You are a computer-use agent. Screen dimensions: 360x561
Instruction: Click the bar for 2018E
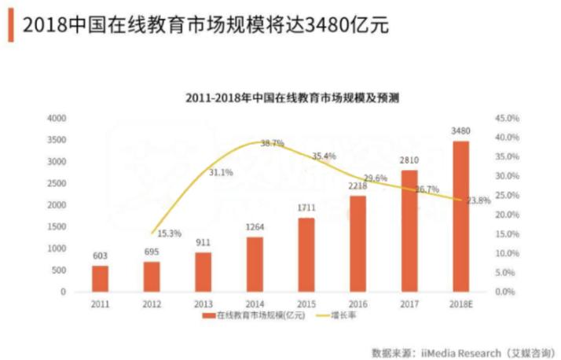[x=460, y=216]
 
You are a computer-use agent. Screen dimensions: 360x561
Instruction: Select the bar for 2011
[x=100, y=278]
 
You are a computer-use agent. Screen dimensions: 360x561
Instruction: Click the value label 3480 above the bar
[x=461, y=130]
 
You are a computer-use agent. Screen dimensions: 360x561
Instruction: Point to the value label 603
[x=100, y=255]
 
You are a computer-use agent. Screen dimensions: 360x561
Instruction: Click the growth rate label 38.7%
[x=272, y=143]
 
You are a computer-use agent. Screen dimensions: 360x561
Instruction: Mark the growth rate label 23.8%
[x=478, y=200]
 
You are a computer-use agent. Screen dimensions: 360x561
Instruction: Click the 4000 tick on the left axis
[x=57, y=118]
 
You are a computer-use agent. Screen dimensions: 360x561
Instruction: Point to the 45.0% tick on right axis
[x=506, y=118]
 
